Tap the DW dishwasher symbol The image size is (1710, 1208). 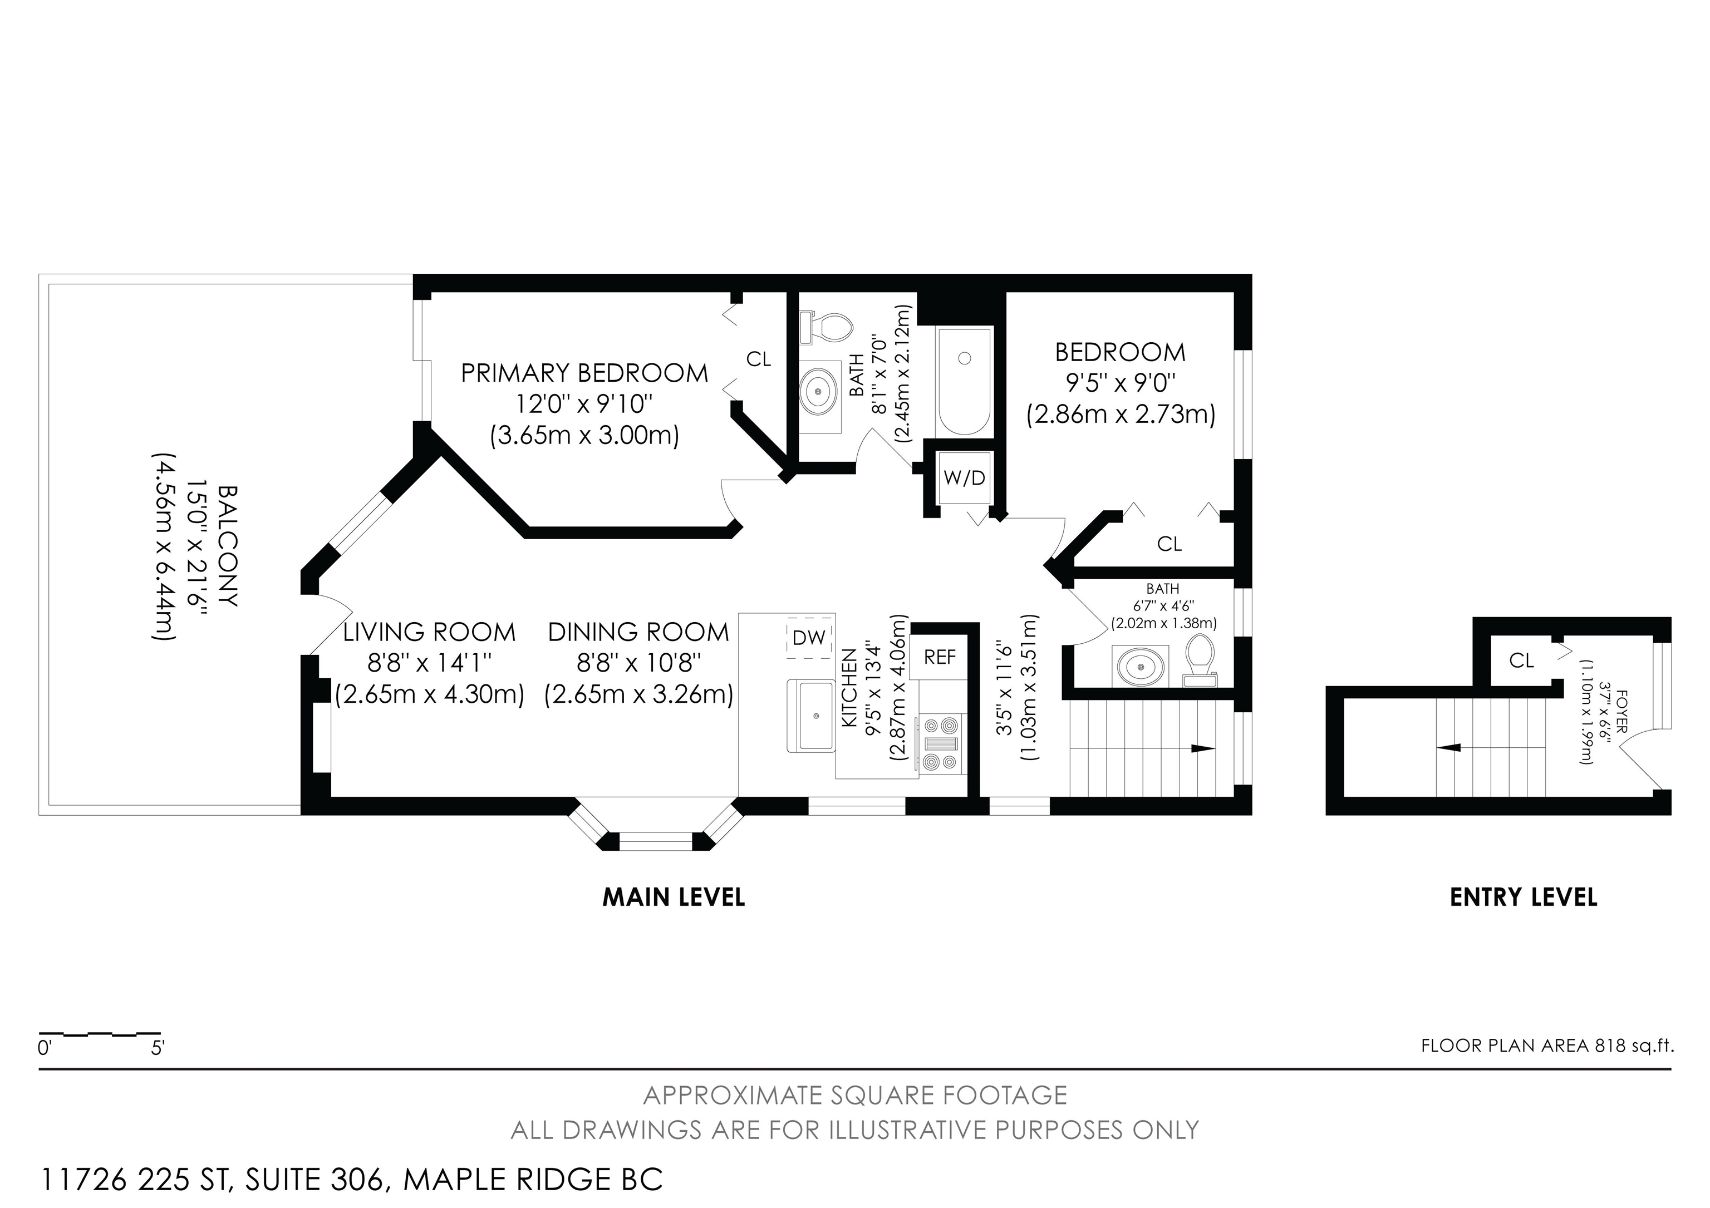pyautogui.click(x=809, y=637)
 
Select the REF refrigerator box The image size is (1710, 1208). pyautogui.click(x=940, y=657)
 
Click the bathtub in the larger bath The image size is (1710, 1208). pyautogui.click(x=965, y=381)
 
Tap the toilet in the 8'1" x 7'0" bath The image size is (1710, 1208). pyautogui.click(x=826, y=328)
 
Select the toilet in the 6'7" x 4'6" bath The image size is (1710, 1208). pyautogui.click(x=1199, y=659)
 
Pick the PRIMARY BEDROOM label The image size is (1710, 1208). pyautogui.click(x=584, y=373)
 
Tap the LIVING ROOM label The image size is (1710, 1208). pyautogui.click(x=429, y=632)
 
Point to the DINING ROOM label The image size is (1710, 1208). pyautogui.click(x=638, y=632)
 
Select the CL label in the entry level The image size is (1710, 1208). pyautogui.click(x=1521, y=660)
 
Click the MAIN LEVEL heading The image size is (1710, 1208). pyautogui.click(x=674, y=897)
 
